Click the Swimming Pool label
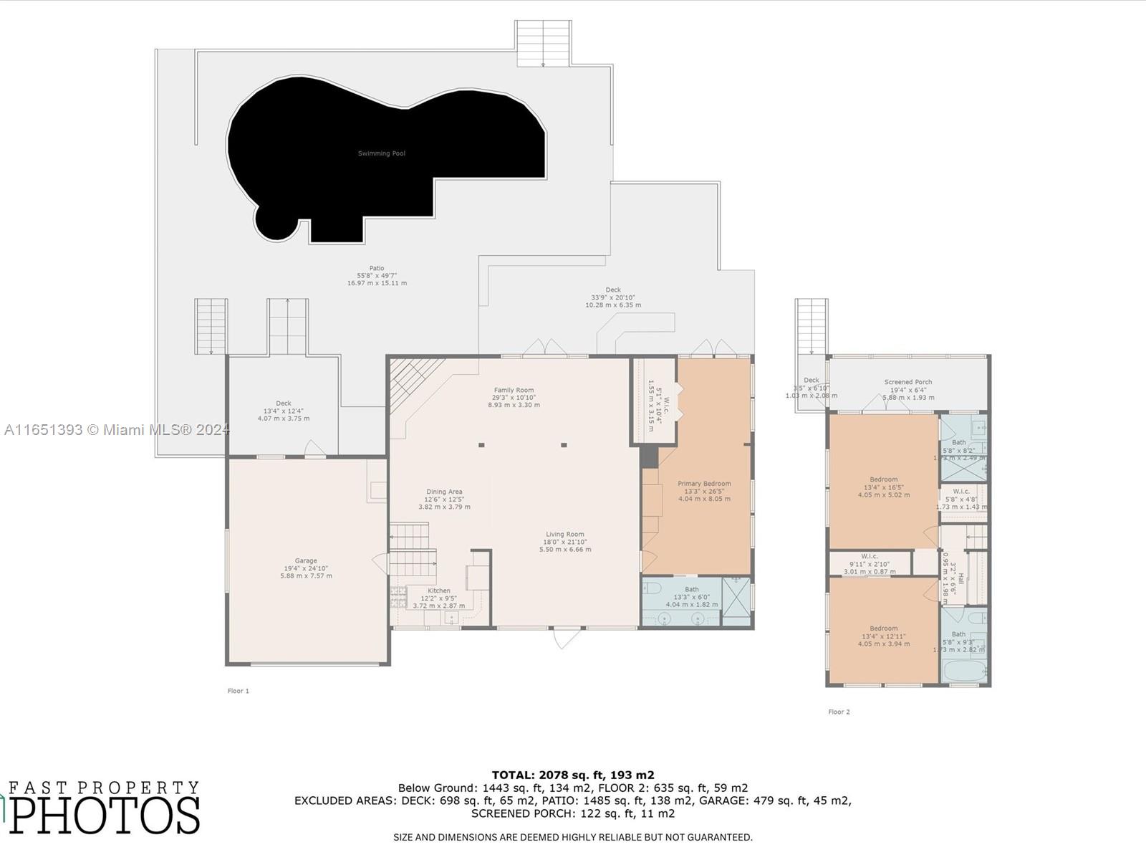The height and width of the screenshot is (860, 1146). click(382, 153)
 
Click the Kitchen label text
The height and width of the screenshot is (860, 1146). click(439, 591)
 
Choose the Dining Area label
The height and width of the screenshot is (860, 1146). click(444, 492)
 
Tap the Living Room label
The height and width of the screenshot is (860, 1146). click(565, 535)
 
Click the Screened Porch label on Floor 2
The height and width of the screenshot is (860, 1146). click(908, 383)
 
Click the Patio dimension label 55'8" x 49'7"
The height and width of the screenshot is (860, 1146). click(377, 276)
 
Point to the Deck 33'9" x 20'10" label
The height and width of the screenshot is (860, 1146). click(613, 297)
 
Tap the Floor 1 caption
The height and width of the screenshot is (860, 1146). click(239, 691)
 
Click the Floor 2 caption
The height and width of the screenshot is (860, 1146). click(839, 712)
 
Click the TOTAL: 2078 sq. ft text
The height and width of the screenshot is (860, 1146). click(572, 775)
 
